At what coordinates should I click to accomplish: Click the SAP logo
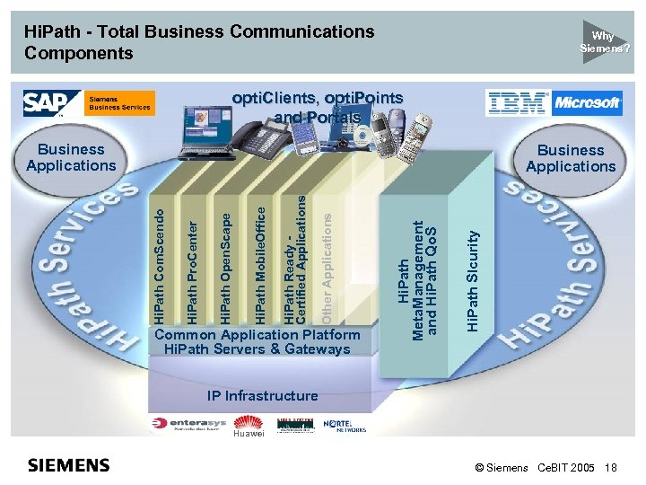(44, 103)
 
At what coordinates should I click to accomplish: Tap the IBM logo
(518, 103)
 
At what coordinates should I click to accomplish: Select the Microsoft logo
(588, 103)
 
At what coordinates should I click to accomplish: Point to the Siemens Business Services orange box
(120, 103)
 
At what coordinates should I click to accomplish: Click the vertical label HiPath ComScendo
(159, 267)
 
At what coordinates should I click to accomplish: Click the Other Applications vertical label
(328, 265)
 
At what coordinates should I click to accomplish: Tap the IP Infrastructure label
(262, 395)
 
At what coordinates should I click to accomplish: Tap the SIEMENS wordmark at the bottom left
(69, 464)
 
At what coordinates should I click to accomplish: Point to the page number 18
(611, 468)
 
